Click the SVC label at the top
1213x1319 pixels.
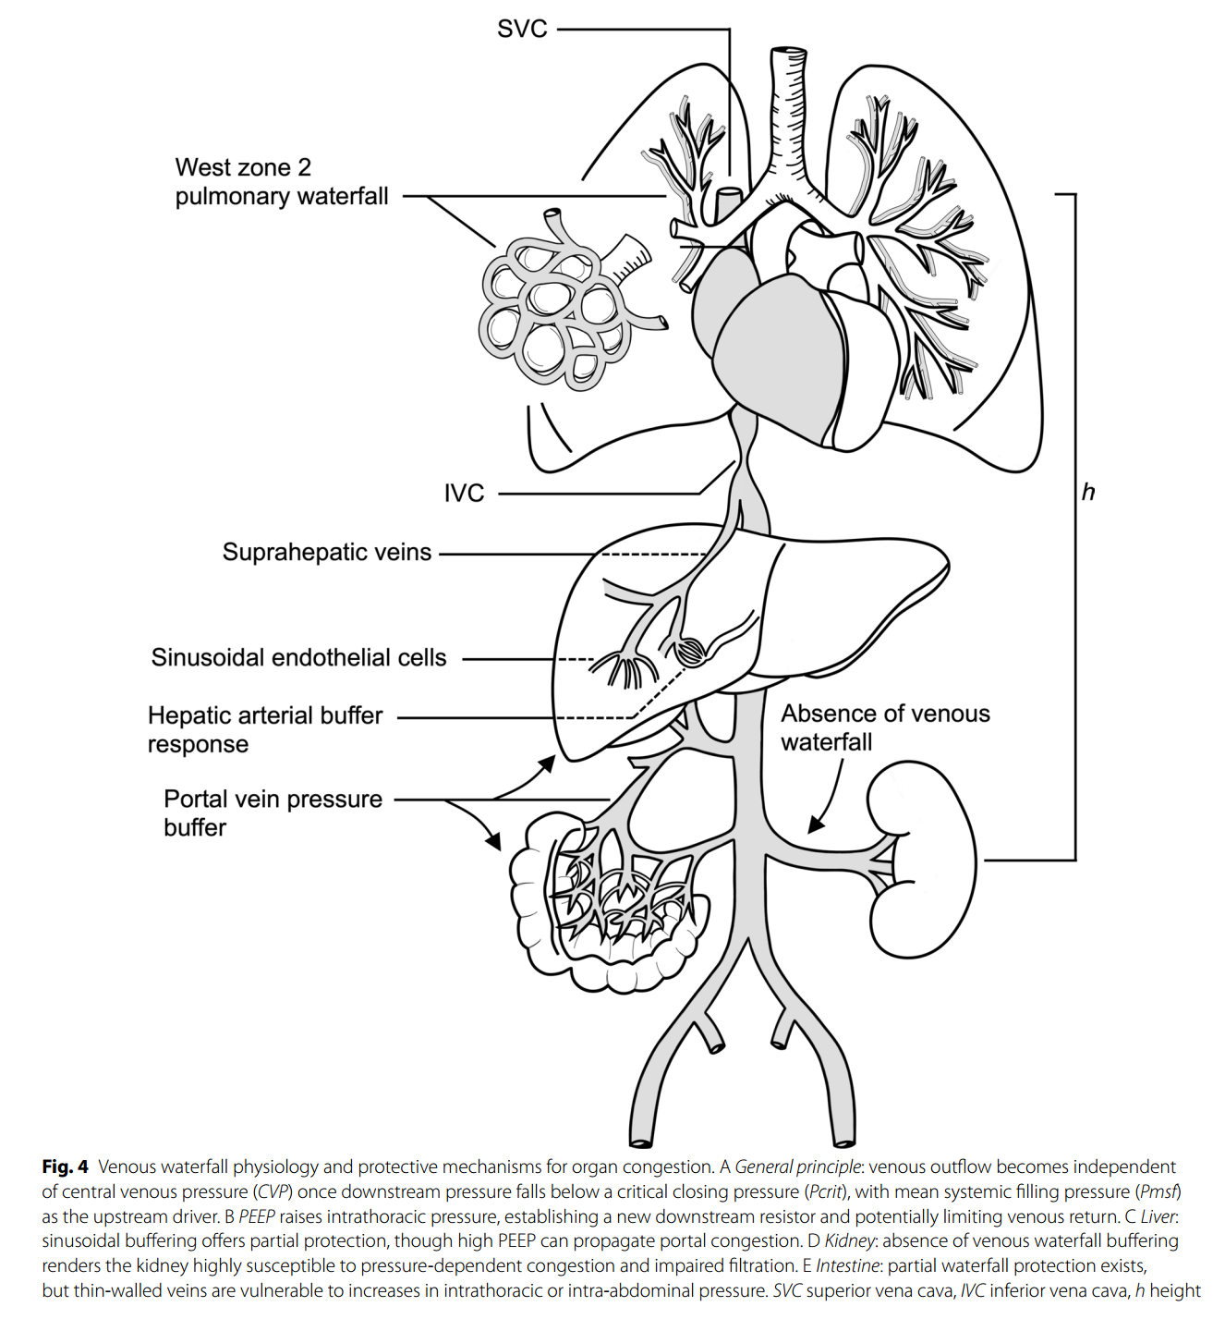522,30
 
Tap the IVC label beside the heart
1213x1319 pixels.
464,494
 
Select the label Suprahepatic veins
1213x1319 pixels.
327,553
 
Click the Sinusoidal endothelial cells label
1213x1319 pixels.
298,657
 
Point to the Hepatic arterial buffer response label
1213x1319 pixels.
265,730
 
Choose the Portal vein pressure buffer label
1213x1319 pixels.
273,813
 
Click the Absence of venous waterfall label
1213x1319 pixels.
886,727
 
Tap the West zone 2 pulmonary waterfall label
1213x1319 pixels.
282,182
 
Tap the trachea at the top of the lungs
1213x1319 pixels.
789,112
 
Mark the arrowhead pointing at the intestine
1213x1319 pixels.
492,842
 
